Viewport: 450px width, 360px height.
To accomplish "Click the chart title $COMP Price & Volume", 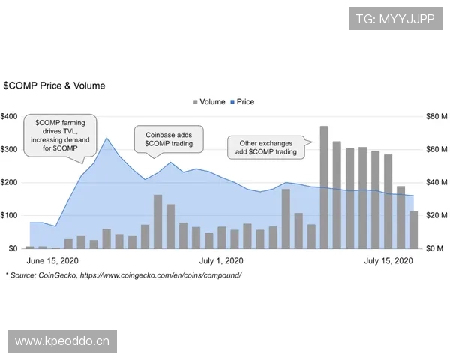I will [54, 85].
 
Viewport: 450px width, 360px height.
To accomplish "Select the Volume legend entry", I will [208, 102].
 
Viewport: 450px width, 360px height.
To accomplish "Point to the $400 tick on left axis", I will [10, 116].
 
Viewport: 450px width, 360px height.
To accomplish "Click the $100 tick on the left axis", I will [10, 215].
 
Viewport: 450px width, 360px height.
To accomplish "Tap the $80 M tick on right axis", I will [437, 116].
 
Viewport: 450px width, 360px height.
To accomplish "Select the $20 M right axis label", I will [437, 215].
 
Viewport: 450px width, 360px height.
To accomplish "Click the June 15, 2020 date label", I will [52, 261].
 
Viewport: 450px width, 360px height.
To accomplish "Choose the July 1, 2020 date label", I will [221, 261].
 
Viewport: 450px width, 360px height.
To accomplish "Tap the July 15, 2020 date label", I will [388, 261].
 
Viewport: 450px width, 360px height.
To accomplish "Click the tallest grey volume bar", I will [324, 187].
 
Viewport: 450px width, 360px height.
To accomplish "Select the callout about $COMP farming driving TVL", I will [56, 135].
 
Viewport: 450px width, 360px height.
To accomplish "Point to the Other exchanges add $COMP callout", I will [268, 147].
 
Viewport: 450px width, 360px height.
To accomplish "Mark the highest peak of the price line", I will [107, 138].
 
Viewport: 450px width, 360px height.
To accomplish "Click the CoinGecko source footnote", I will [123, 275].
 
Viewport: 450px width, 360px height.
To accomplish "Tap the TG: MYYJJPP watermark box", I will [395, 16].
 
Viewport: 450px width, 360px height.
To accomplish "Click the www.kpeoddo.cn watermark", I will [62, 341].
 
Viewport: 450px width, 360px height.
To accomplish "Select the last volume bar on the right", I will [413, 229].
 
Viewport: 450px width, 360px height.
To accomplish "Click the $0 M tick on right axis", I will [437, 248].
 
